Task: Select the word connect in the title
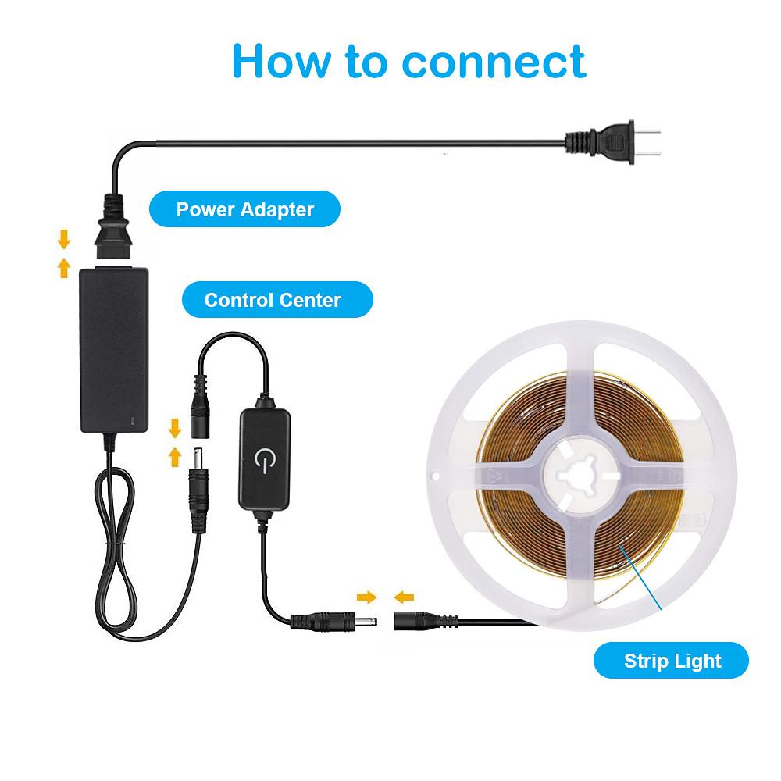pyautogui.click(x=494, y=61)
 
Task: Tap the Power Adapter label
pyautogui.click(x=244, y=209)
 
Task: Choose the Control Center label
pyautogui.click(x=273, y=300)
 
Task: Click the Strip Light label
pyautogui.click(x=672, y=662)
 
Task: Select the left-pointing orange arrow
pyautogui.click(x=404, y=597)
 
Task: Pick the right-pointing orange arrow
pyautogui.click(x=366, y=597)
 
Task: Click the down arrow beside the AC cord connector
pyautogui.click(x=65, y=237)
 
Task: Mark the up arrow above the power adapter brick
pyautogui.click(x=65, y=268)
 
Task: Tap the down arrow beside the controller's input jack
pyautogui.click(x=175, y=427)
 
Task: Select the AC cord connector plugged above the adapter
pyautogui.click(x=112, y=231)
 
